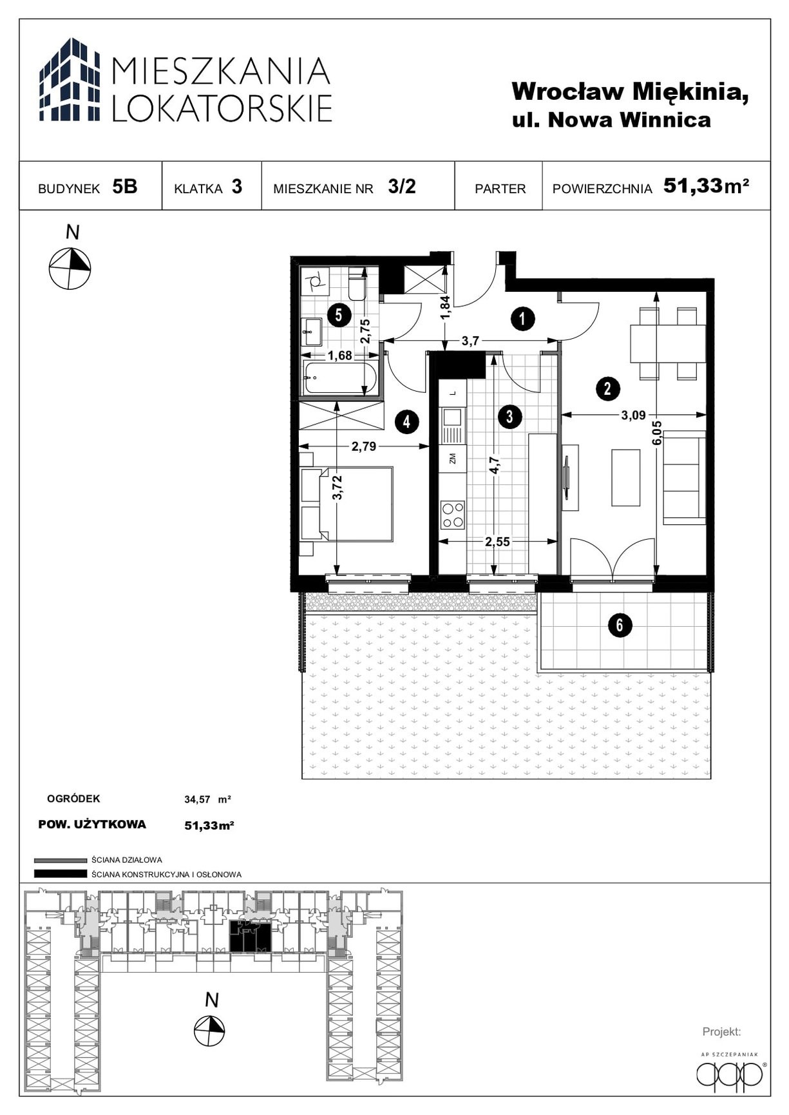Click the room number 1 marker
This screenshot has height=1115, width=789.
(522, 318)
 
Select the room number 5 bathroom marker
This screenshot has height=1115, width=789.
(339, 316)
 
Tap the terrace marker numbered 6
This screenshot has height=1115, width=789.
(620, 625)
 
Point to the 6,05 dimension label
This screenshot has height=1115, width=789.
(658, 433)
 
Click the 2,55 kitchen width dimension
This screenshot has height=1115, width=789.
(497, 542)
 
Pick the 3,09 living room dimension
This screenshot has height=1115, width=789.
(633, 415)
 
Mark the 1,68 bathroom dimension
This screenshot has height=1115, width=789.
(339, 356)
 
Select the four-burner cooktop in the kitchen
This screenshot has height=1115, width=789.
(452, 515)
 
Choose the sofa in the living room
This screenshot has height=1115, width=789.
(685, 477)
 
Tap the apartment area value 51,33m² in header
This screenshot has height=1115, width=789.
(707, 186)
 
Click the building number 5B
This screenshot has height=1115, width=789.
(125, 187)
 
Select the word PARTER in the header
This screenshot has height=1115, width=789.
(500, 189)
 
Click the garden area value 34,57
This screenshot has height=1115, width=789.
(197, 800)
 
